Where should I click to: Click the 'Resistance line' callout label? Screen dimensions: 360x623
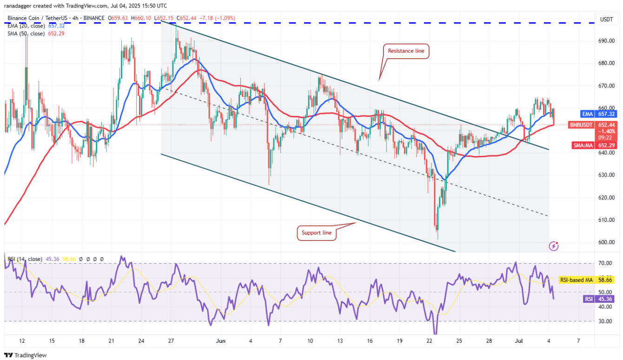pyautogui.click(x=406, y=51)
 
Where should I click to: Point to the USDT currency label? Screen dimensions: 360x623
pyautogui.click(x=607, y=19)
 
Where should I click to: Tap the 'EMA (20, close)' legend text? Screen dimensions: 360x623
pyautogui.click(x=26, y=26)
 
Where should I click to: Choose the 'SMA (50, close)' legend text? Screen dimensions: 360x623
pyautogui.click(x=26, y=33)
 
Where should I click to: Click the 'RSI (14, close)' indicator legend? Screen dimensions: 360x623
pyautogui.click(x=24, y=259)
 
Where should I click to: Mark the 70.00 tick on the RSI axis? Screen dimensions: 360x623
pyautogui.click(x=605, y=263)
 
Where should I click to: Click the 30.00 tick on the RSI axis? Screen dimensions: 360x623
pyautogui.click(x=605, y=321)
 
